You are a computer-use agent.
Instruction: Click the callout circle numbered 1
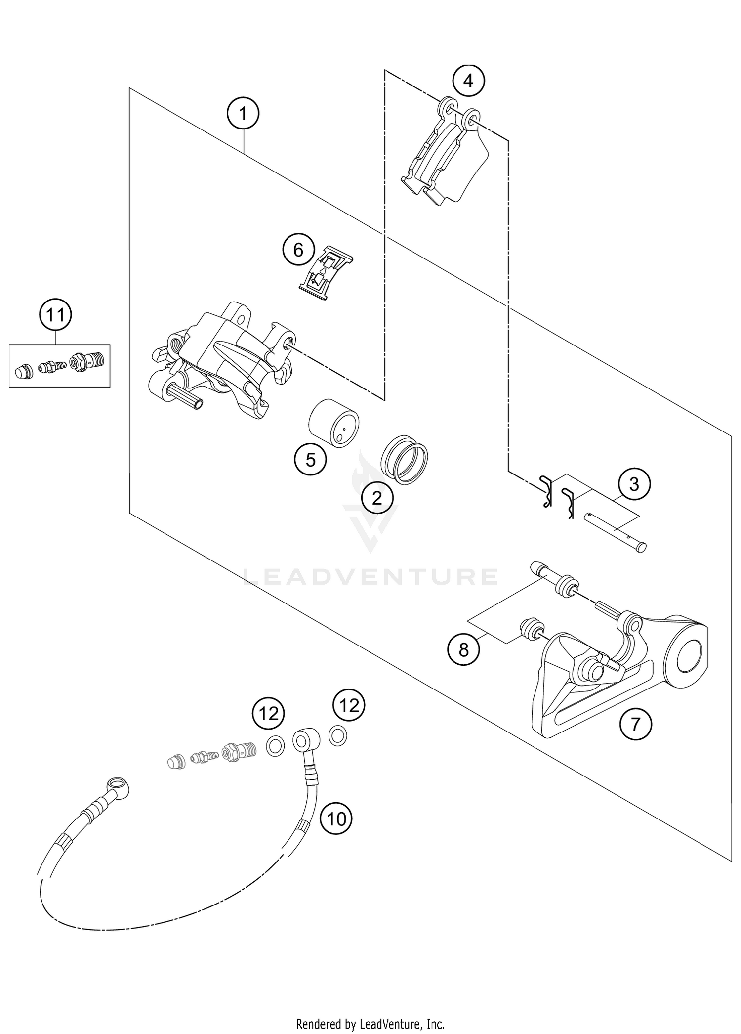tap(243, 114)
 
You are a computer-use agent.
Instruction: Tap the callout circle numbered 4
tap(468, 80)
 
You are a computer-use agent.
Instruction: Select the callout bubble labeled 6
tap(298, 250)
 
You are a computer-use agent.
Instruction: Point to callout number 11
tap(55, 314)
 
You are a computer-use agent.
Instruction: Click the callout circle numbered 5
tap(310, 460)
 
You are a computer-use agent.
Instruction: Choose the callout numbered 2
tap(377, 498)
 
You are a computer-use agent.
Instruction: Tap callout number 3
tap(634, 484)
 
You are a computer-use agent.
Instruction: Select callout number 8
tap(463, 650)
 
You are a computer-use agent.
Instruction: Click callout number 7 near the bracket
tap(636, 725)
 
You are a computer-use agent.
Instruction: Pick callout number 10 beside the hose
tap(336, 819)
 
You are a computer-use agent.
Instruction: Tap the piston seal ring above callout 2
tap(405, 460)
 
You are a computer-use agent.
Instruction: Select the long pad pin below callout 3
tap(615, 532)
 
